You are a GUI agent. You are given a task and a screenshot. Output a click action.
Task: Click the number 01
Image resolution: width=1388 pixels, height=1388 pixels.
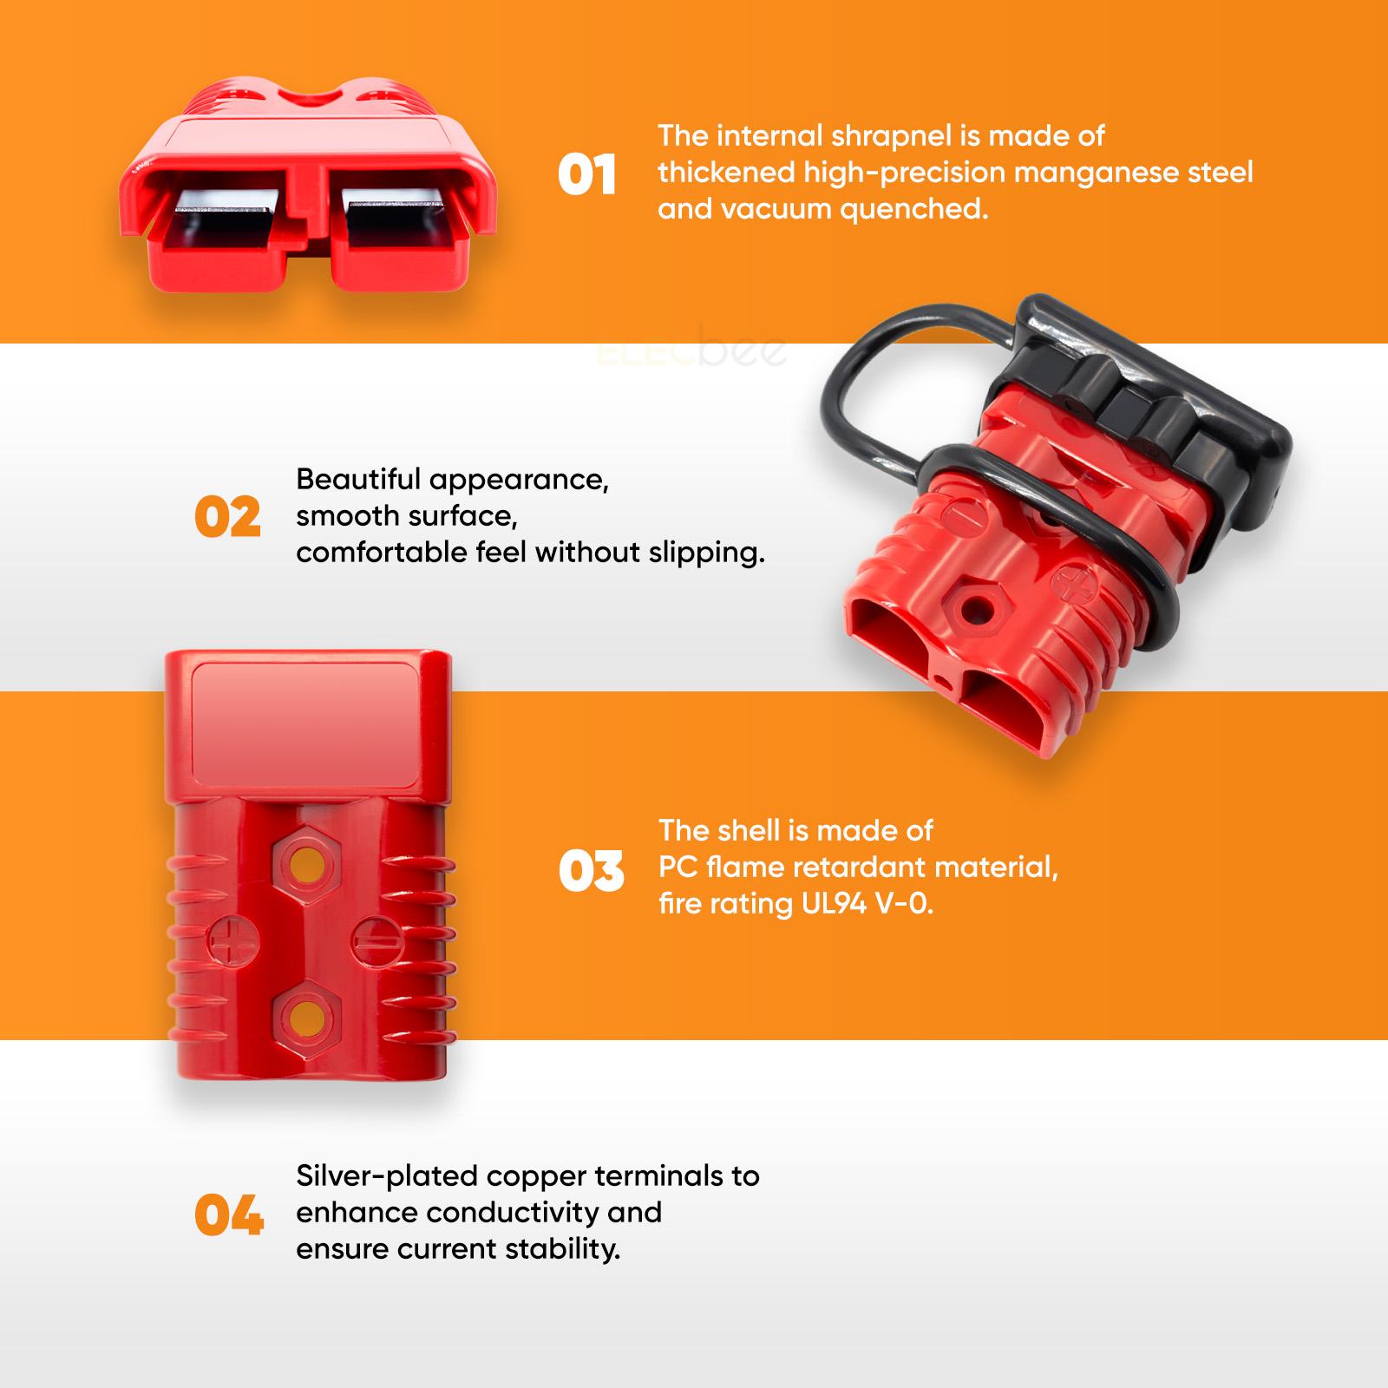coord(586,174)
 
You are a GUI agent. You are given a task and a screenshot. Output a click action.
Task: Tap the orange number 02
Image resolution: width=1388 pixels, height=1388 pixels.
coord(227,517)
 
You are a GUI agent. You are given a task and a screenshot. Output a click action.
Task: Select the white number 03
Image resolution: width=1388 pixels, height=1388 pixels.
coord(591,870)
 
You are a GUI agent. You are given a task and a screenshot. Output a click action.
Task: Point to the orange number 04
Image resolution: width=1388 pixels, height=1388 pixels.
coord(229,1214)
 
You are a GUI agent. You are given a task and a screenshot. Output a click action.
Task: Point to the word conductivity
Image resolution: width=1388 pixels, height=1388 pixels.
coord(515,1212)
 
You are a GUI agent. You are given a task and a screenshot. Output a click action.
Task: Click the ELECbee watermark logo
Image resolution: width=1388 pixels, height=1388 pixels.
coord(692,351)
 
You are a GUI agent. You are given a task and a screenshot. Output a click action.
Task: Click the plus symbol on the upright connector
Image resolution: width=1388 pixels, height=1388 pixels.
coord(228,941)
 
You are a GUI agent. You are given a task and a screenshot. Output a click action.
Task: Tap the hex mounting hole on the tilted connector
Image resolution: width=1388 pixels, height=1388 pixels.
coord(972,605)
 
